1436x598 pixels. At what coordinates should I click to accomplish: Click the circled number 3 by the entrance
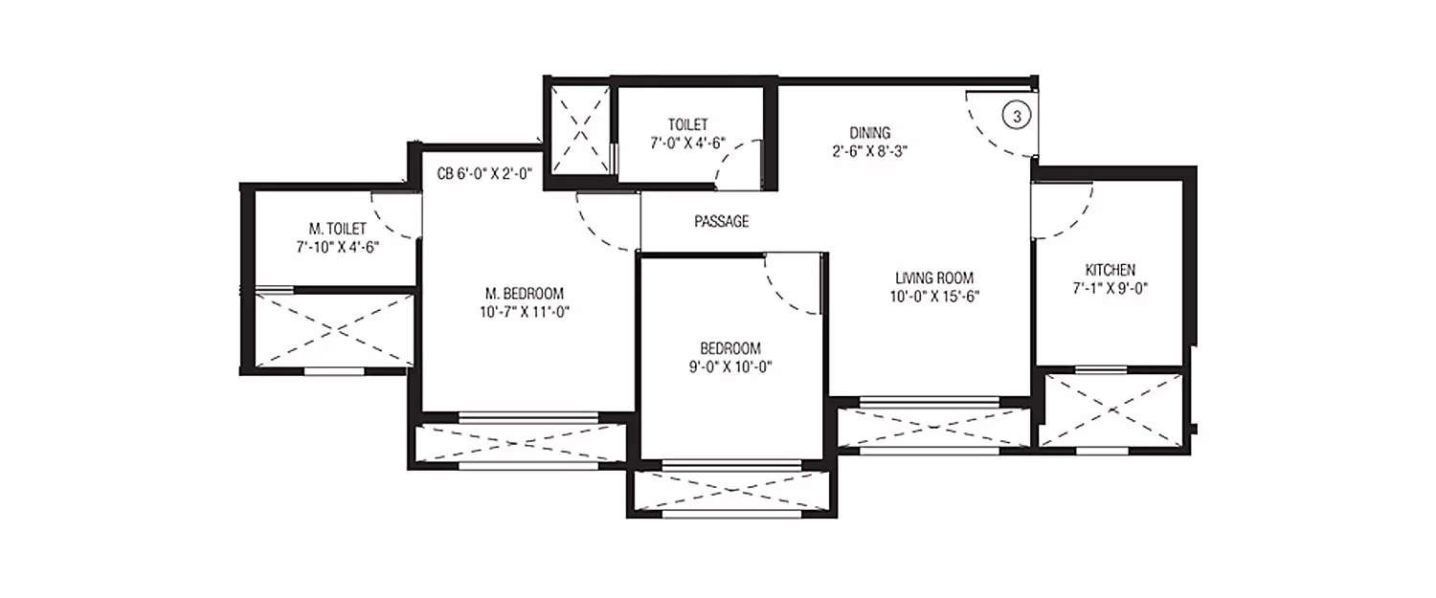click(x=1017, y=116)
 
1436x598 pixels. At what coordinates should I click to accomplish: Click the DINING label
click(x=870, y=132)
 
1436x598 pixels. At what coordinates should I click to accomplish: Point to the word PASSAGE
click(x=722, y=221)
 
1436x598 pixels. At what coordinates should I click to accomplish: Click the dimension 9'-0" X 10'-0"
click(x=729, y=365)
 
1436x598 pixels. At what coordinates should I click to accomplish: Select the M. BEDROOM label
click(x=524, y=293)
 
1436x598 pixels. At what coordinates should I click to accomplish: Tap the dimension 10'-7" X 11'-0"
click(x=524, y=310)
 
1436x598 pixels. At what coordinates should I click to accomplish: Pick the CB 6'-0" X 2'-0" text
click(x=484, y=171)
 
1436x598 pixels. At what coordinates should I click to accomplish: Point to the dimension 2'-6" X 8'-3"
click(x=870, y=149)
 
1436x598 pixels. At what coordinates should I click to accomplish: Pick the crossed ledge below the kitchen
click(x=1111, y=410)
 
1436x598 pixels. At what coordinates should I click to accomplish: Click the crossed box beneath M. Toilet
click(x=335, y=329)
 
